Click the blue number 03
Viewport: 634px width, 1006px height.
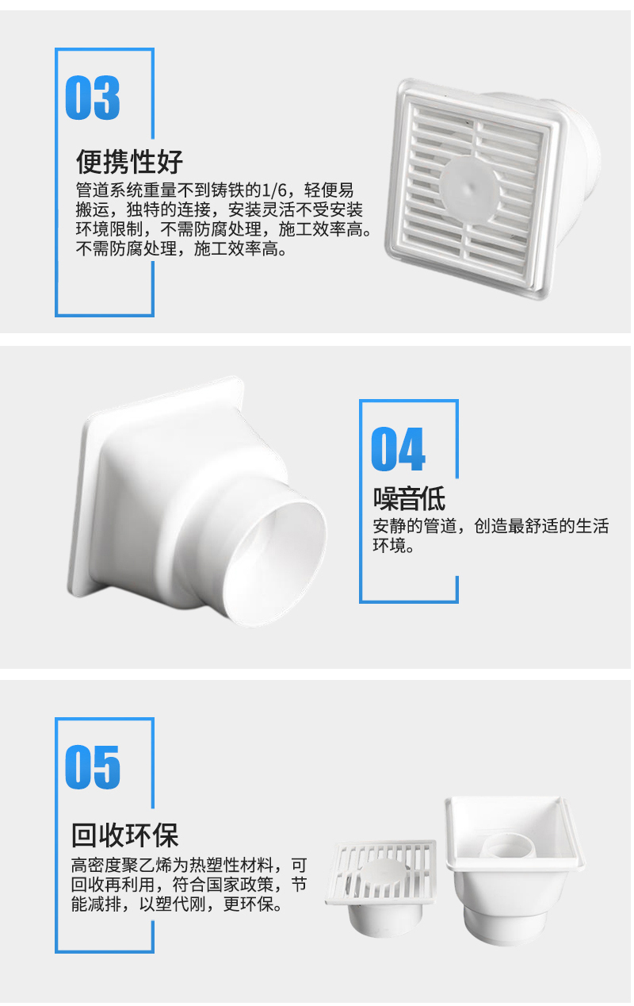point(93,98)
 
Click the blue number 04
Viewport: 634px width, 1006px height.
point(398,449)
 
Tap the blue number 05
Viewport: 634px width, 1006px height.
point(93,767)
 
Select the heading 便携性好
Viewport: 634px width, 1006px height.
point(130,162)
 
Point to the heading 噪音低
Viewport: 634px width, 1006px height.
point(409,498)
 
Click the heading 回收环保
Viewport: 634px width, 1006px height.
point(125,835)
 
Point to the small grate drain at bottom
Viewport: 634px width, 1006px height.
point(381,887)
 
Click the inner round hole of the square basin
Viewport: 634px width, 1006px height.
point(510,846)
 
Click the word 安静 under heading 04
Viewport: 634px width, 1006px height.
point(389,526)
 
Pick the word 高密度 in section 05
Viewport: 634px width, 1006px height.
point(97,866)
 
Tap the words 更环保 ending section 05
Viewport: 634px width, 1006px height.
point(249,904)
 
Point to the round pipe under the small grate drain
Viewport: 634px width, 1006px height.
point(385,920)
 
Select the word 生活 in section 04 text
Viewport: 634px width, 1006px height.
point(592,526)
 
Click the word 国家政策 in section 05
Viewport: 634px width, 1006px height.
point(240,885)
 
